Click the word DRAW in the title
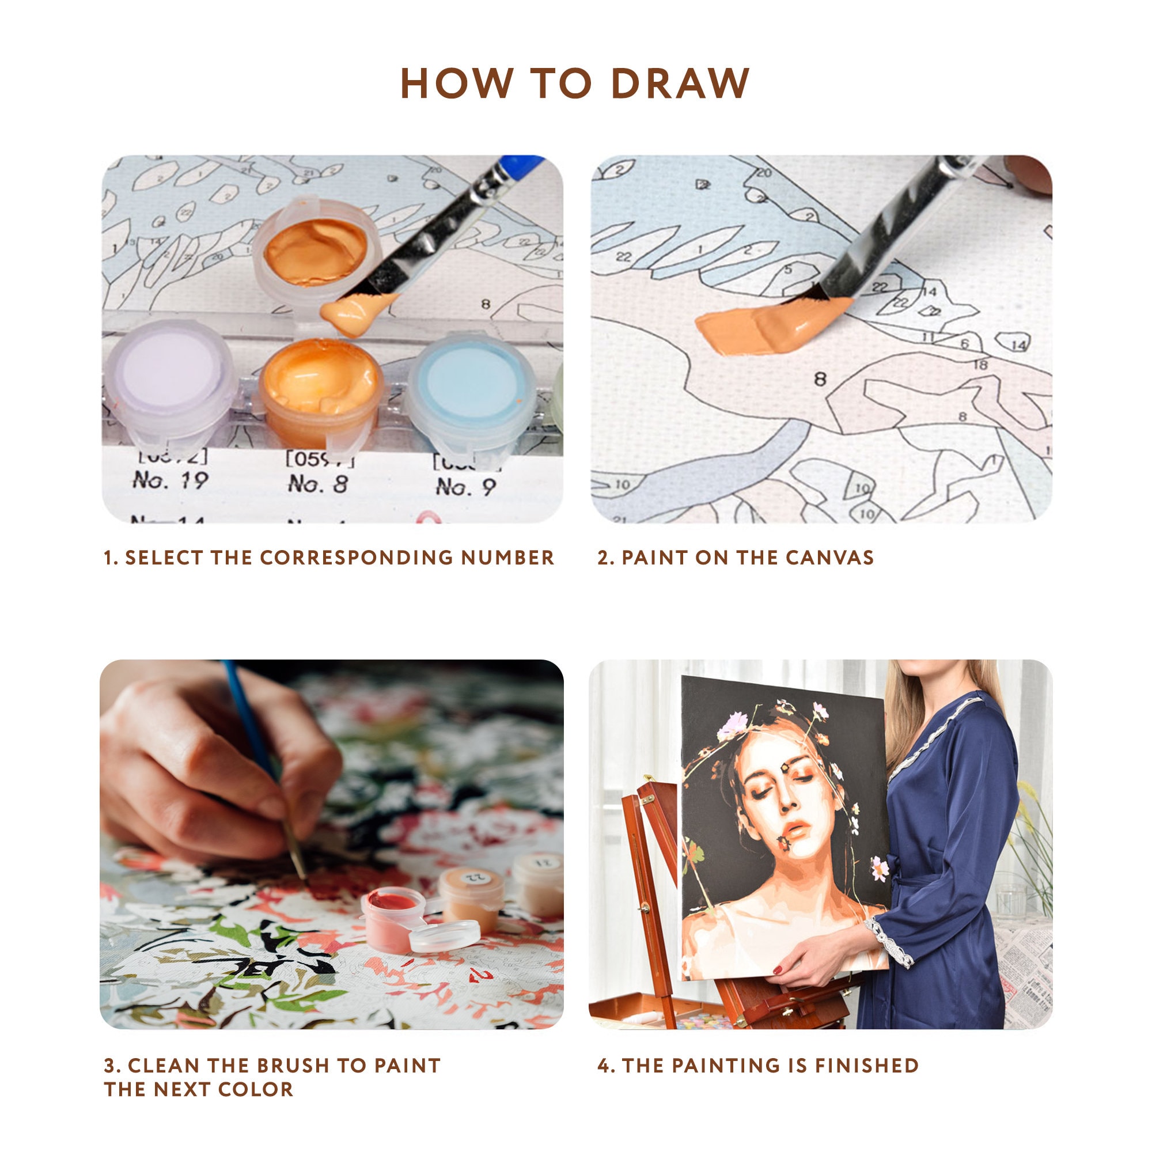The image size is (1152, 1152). [680, 83]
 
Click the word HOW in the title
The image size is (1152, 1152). [457, 83]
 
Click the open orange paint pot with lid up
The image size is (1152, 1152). [316, 251]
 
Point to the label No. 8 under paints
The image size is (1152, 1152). [318, 484]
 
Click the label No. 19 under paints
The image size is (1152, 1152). [170, 480]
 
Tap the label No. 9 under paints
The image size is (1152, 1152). [465, 487]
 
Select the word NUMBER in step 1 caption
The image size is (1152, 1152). [507, 558]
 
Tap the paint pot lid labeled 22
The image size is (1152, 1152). [474, 878]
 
